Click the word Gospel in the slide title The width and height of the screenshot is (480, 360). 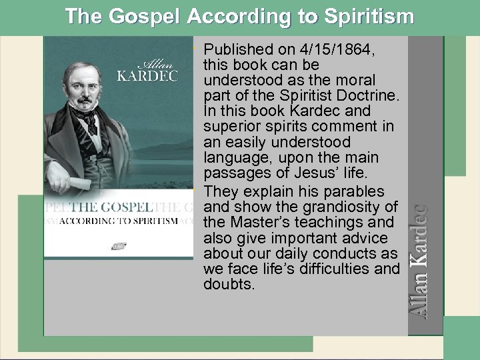[142, 16]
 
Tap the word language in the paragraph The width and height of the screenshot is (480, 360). [233, 157]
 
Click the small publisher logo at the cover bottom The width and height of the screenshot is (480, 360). [120, 245]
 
